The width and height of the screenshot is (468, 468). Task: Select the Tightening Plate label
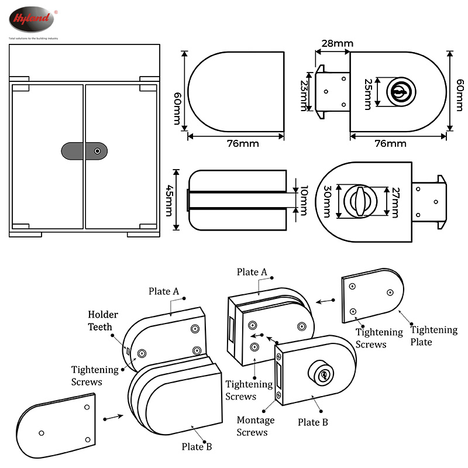pos(433,335)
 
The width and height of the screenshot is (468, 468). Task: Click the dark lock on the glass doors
pos(84,150)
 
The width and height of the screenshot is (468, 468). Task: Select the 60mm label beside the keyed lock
pos(456,91)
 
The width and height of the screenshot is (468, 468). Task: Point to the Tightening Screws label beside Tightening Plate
pos(379,338)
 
